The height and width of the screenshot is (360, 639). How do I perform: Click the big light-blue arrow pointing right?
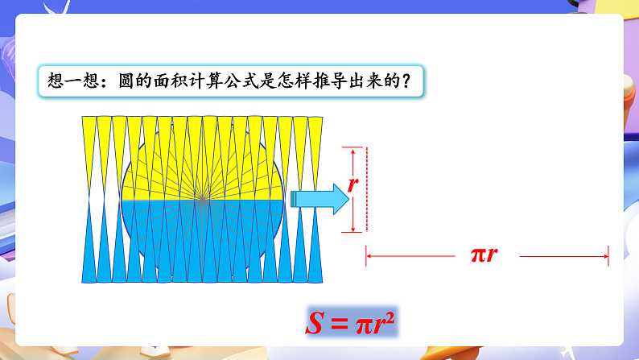(317, 198)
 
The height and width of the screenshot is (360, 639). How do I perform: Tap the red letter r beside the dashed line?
(352, 184)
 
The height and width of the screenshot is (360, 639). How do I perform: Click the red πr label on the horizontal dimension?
(484, 255)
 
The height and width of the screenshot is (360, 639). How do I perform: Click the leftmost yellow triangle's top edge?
(89, 117)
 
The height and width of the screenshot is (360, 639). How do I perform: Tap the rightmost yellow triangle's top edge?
(315, 117)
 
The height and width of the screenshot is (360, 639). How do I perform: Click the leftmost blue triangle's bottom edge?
(89, 282)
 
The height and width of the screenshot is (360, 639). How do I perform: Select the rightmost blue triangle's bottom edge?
(315, 282)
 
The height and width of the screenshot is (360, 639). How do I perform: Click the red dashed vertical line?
(366, 190)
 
